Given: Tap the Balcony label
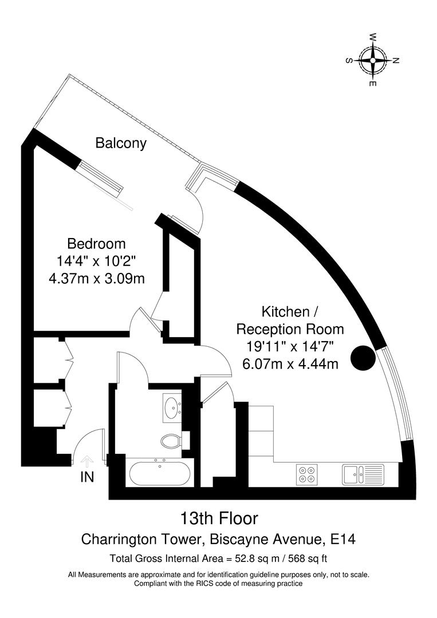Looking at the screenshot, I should click(121, 143).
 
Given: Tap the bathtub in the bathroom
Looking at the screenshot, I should click(158, 473).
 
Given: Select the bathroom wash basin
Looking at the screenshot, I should click(172, 407).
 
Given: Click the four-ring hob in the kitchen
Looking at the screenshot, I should click(307, 474).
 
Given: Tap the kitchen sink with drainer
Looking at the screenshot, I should click(363, 474).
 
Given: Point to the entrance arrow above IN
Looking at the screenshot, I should click(87, 460).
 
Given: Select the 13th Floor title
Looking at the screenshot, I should click(219, 519).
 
